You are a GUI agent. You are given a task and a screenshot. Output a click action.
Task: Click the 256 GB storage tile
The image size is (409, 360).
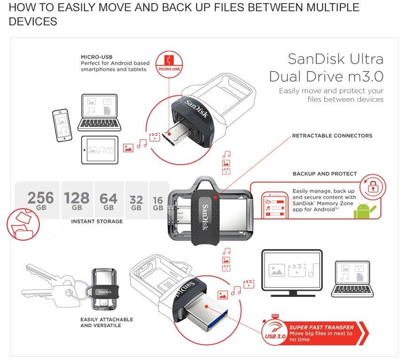pos(40,201)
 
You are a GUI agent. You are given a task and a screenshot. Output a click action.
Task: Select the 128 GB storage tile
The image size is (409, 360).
pos(77,201)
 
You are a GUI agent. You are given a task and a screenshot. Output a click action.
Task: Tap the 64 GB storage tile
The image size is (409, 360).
pos(109,201)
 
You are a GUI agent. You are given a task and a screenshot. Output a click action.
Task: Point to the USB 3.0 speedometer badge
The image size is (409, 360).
pos(275,332)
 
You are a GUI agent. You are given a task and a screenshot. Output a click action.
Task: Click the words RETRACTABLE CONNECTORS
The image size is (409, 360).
pos(332,136)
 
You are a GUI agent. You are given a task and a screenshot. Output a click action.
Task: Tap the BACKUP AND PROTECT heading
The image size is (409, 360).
pos(324,174)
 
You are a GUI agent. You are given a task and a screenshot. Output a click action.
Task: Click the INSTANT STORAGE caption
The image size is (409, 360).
pos(97,221)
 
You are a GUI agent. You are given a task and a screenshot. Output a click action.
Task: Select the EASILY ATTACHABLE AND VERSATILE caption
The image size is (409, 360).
pos(107,322)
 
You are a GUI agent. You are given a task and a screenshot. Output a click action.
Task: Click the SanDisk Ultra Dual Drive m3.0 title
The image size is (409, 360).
pos(326,67)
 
